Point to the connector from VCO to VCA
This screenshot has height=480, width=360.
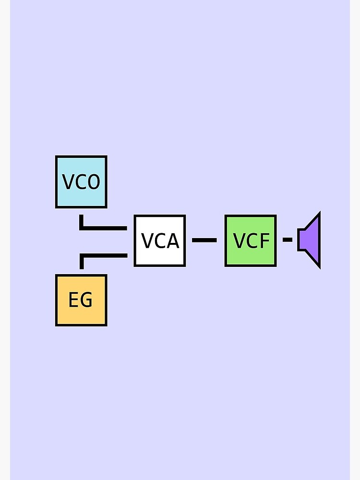[x=103, y=228]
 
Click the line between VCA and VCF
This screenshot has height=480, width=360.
[x=204, y=240]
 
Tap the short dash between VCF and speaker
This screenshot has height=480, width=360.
[x=288, y=239]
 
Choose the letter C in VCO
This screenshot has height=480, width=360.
[x=81, y=182]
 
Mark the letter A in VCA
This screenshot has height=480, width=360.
[x=173, y=241]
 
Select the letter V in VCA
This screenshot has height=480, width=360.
[x=147, y=241]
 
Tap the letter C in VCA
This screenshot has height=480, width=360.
[x=160, y=241]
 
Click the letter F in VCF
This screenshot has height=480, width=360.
[x=264, y=240]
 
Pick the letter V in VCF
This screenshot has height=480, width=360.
[x=239, y=240]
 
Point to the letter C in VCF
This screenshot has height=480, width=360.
[x=252, y=240]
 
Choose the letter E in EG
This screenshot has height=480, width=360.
[x=74, y=300]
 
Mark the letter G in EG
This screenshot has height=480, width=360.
[x=87, y=300]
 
